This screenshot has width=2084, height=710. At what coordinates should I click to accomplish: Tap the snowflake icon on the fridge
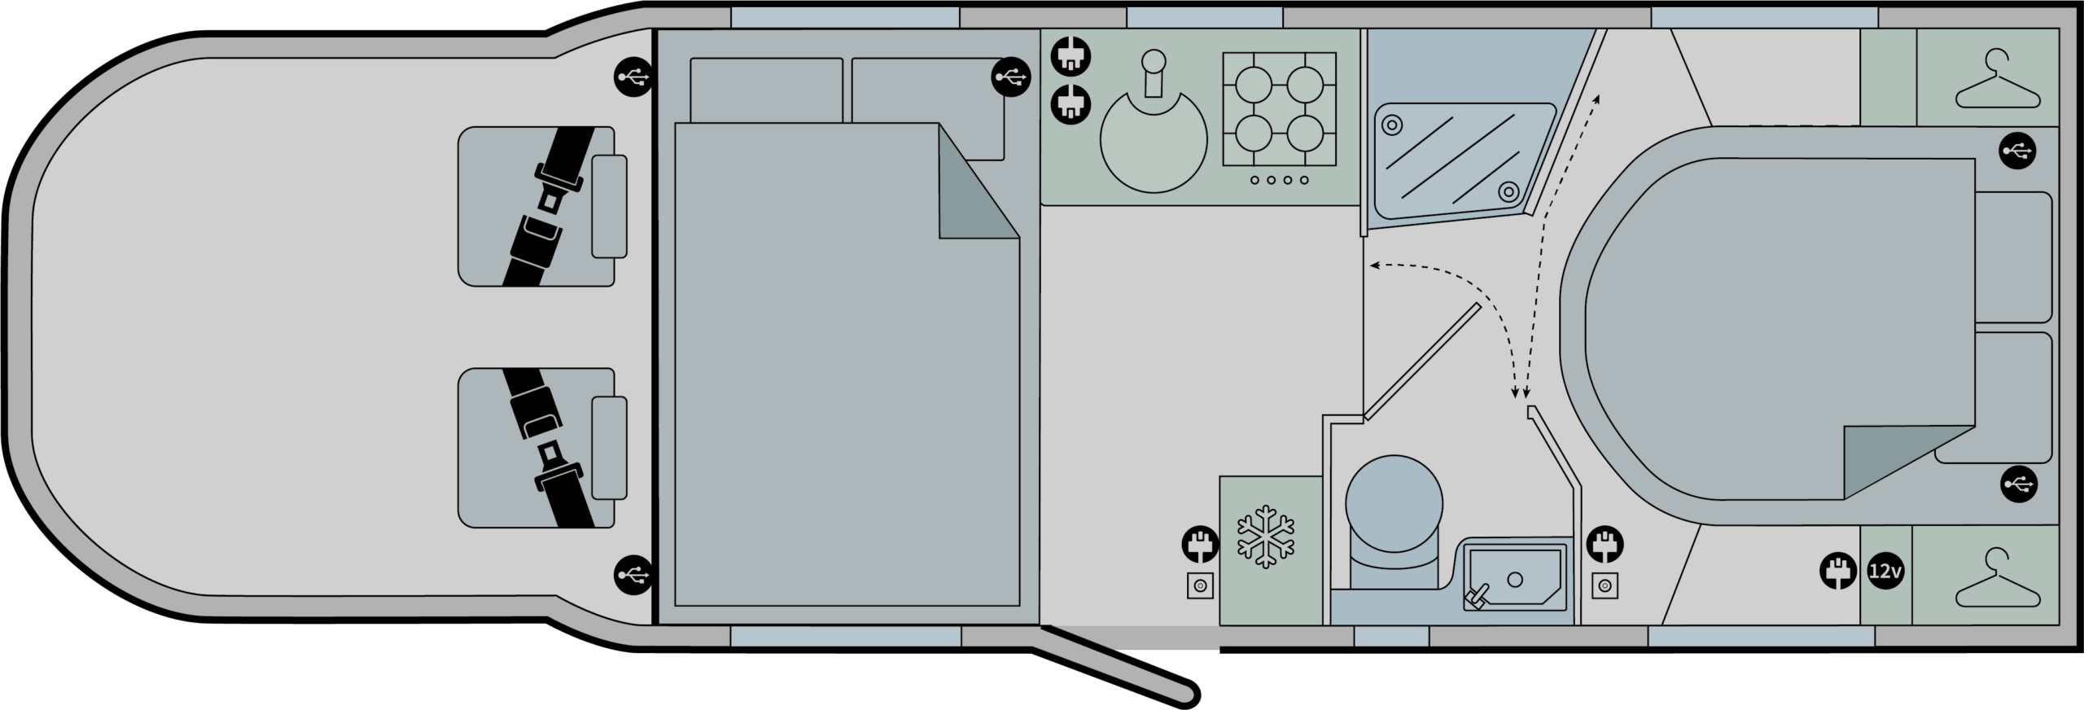pyautogui.click(x=1266, y=537)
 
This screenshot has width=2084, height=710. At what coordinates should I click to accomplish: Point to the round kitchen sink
pyautogui.click(x=1154, y=138)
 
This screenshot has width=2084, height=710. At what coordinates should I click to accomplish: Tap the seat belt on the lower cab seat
pyautogui.click(x=547, y=448)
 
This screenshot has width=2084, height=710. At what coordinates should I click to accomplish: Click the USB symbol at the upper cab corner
pyautogui.click(x=633, y=77)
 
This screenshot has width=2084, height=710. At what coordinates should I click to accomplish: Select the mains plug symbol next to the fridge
pyautogui.click(x=1199, y=546)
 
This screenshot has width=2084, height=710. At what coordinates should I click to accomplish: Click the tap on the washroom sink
pyautogui.click(x=1475, y=597)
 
